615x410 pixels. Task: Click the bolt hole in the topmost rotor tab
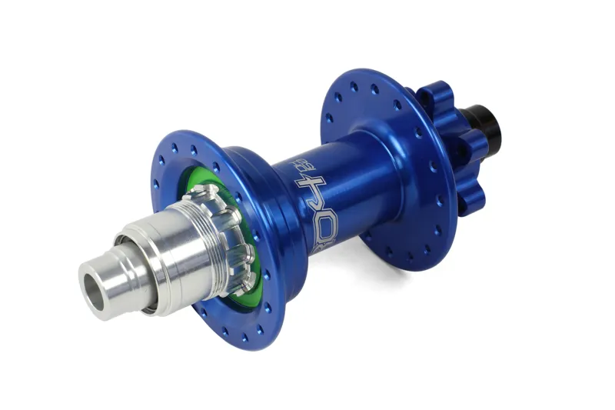click(431, 99)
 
